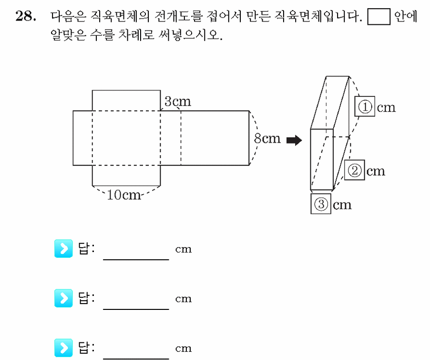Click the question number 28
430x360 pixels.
25,16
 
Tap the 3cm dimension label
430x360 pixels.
178,102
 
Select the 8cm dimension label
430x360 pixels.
267,138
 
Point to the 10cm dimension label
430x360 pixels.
124,195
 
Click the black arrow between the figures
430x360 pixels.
294,141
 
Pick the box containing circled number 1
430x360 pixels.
365,107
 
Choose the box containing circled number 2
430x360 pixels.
354,170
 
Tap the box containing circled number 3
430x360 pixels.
321,204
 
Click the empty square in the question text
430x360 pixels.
379,17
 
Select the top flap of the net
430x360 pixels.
126,100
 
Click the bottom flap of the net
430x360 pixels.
126,176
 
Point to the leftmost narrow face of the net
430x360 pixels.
83,138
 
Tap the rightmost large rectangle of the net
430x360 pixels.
215,138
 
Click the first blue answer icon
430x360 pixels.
64,249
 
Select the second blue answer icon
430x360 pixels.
64,298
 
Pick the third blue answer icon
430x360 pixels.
64,348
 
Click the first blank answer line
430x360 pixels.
136,259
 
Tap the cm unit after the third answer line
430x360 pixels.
183,348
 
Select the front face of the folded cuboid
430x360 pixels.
322,159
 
